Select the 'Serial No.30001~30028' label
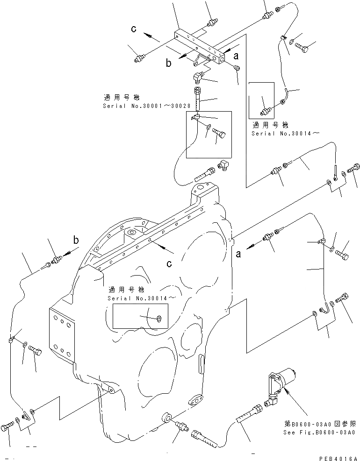146,106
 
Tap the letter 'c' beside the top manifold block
134,29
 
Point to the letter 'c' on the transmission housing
169,264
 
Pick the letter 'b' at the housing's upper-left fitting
75,241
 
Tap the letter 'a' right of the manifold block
237,56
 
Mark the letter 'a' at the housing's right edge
238,254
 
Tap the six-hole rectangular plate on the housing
62,336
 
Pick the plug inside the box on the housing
159,319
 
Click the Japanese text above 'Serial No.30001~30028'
121,98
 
